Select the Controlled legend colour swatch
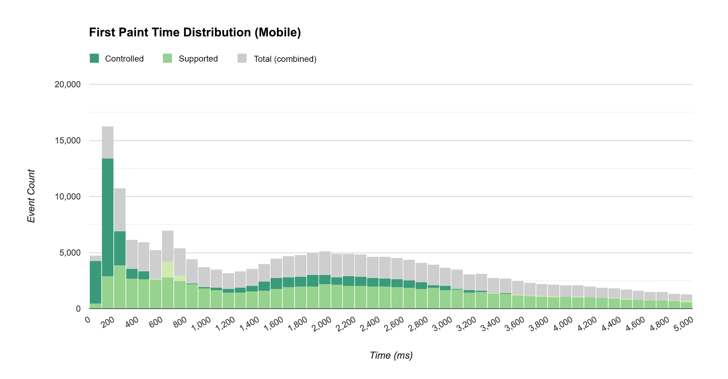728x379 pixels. [94, 58]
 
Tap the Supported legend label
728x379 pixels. [198, 59]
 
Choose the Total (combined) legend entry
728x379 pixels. [285, 59]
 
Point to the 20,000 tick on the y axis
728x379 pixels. [67, 85]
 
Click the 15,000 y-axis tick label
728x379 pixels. [67, 141]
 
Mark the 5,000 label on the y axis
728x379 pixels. [70, 253]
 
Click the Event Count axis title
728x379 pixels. [31, 196]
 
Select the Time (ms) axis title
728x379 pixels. [391, 355]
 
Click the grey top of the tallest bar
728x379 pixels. [108, 143]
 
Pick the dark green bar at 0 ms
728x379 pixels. [96, 282]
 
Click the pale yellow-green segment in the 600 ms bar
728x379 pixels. [168, 270]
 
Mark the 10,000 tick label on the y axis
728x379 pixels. [67, 197]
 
